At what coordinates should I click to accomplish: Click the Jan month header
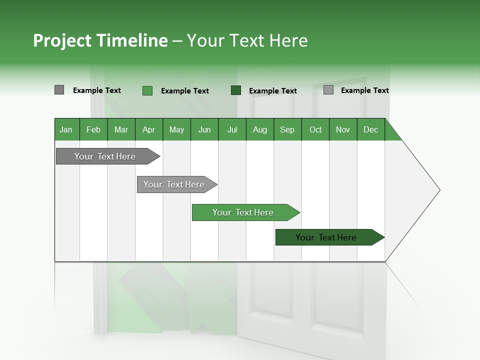click(x=66, y=129)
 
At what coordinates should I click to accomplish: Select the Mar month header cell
click(x=121, y=129)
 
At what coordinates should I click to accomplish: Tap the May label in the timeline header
click(x=176, y=129)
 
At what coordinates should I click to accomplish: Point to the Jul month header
click(x=232, y=129)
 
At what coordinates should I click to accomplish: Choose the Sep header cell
click(x=287, y=129)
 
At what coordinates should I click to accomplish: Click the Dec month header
click(x=370, y=129)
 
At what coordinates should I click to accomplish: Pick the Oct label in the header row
click(x=315, y=129)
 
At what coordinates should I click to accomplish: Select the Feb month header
click(x=93, y=129)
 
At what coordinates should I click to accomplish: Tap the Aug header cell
click(x=259, y=129)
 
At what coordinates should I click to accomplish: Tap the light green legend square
click(x=147, y=90)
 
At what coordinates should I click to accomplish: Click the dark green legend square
click(x=236, y=90)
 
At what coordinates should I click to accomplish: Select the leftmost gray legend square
click(x=59, y=90)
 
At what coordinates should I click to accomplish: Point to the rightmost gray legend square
click(x=328, y=90)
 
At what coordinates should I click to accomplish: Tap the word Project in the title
click(x=62, y=40)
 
